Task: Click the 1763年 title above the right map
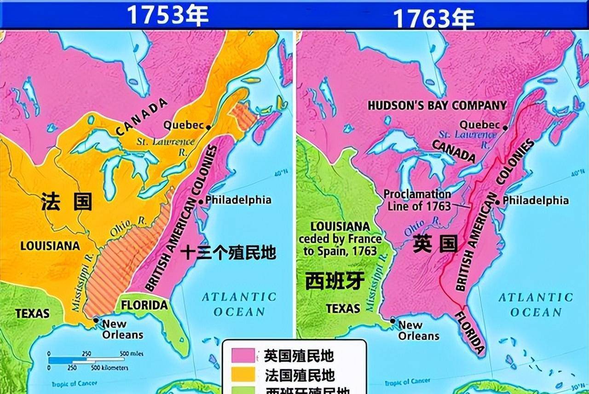[433, 18]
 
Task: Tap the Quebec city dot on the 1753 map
[209, 127]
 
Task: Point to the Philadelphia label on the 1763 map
[535, 201]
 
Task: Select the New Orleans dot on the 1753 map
[96, 319]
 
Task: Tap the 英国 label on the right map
[435, 244]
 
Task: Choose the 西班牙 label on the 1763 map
[335, 280]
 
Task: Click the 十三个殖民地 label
[228, 252]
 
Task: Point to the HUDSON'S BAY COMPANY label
[437, 105]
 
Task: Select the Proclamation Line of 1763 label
[417, 200]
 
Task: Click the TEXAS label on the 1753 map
[32, 313]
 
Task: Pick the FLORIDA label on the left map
[144, 305]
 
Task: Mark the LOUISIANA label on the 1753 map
[50, 246]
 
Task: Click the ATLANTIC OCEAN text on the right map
[536, 305]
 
